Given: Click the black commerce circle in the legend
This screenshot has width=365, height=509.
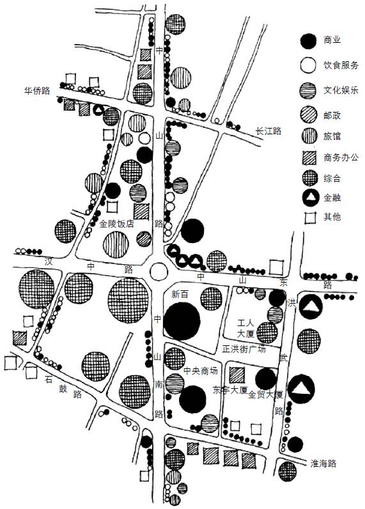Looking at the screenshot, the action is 308,41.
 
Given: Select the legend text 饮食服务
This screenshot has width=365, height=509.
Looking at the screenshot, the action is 341,65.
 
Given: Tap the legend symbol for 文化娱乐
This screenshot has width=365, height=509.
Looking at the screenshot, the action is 308,90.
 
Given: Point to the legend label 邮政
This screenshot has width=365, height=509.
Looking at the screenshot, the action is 332,115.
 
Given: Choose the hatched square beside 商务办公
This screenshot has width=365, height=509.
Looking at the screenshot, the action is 309,158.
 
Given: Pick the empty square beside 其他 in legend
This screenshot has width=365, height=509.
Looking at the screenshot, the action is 310,218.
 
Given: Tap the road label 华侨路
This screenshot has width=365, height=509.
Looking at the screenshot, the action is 37,90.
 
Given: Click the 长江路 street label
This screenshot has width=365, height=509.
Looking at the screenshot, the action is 268,131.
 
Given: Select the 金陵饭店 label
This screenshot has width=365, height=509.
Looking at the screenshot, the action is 116,224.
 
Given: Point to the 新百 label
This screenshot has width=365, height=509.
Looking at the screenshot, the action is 180,294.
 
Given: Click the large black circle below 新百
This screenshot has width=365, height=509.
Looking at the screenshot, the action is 182,321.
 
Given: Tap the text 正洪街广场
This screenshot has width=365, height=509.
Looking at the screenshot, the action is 244,349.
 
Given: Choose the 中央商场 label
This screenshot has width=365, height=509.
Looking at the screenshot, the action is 201,371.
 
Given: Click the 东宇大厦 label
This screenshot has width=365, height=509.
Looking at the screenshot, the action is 230,389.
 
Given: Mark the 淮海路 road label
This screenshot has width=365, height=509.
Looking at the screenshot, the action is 323,463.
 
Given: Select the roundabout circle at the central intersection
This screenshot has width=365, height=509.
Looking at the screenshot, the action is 159,271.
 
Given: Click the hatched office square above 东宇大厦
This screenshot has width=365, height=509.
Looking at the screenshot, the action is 237,375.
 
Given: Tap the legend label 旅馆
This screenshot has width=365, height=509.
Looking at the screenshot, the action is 332,136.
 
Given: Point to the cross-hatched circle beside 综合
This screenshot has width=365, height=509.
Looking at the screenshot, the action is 310,178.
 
